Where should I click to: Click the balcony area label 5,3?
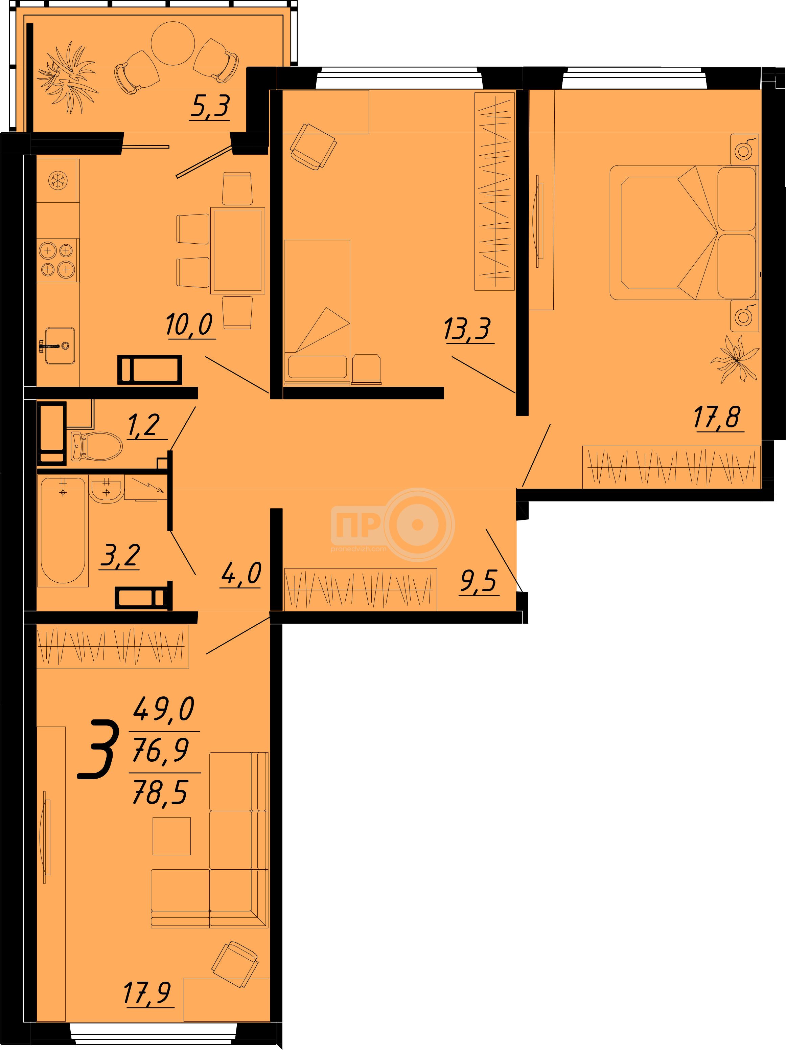[x=210, y=106]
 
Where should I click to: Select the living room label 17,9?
[x=147, y=993]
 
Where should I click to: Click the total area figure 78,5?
[x=160, y=792]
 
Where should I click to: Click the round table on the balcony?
[x=173, y=43]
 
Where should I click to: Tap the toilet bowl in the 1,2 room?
[x=96, y=446]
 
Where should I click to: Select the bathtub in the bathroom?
[x=63, y=530]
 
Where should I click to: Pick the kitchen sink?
[x=60, y=345]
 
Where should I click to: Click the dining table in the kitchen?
[x=238, y=251]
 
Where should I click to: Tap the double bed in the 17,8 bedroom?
[x=684, y=232]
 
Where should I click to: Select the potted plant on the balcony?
[x=67, y=77]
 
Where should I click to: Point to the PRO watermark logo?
[x=393, y=524]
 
